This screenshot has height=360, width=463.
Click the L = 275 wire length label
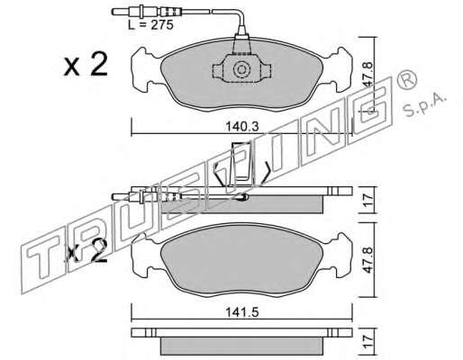(x=151, y=25)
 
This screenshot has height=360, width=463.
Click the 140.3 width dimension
(x=242, y=127)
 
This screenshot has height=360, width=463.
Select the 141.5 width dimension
(x=242, y=312)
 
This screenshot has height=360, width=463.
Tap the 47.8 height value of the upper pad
(x=368, y=75)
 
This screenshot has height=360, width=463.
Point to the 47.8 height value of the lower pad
(x=368, y=260)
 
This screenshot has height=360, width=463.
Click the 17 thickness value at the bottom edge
(x=368, y=343)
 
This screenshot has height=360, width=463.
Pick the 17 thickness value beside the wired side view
(x=368, y=200)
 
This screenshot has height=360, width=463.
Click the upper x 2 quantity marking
(x=86, y=64)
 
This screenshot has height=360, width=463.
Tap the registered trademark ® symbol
(x=407, y=78)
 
